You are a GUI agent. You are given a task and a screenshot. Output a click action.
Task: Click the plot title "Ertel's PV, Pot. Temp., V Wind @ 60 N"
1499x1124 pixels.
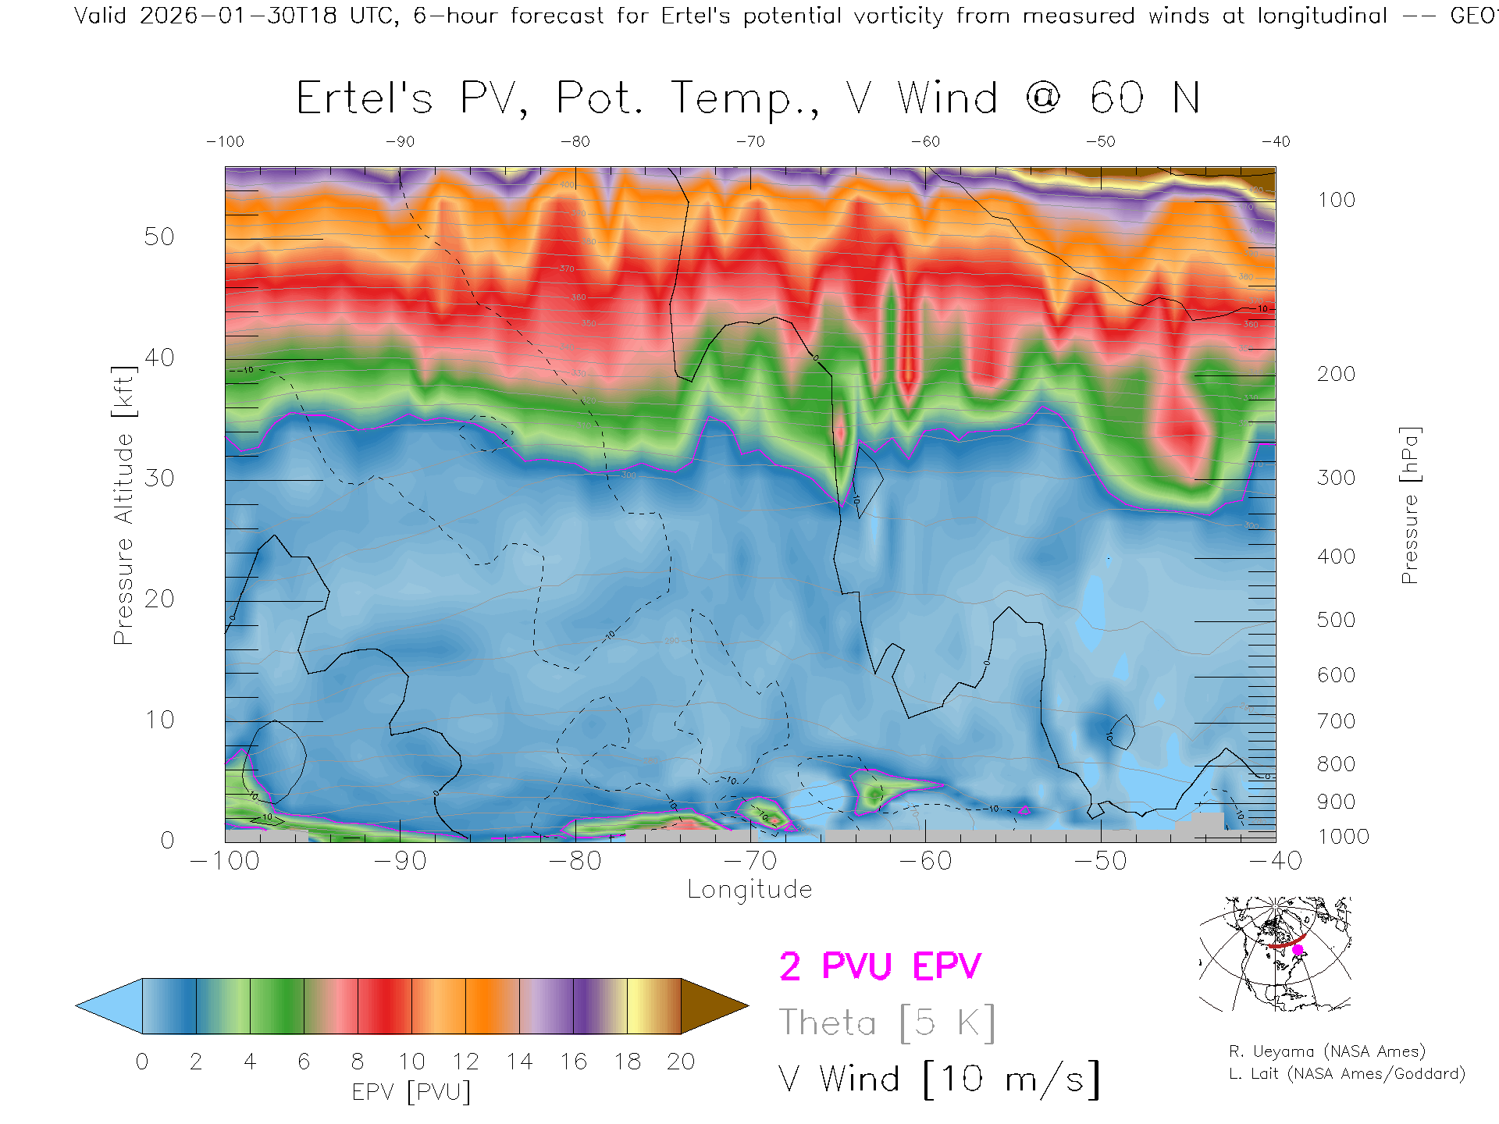[747, 99]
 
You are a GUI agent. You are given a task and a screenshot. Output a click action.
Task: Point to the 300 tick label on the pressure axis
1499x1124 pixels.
[1336, 478]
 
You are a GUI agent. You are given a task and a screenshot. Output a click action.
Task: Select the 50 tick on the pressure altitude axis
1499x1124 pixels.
[158, 237]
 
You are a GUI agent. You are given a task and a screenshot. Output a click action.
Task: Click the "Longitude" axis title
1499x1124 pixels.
[749, 890]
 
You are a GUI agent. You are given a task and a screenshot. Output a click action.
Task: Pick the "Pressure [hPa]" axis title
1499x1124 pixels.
[1409, 505]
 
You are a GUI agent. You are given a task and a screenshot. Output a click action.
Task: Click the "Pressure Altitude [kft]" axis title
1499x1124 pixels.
[123, 505]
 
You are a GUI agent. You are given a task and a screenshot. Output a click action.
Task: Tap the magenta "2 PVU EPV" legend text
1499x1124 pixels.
[880, 966]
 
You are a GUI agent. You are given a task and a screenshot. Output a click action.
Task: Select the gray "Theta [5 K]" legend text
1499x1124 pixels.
[887, 1023]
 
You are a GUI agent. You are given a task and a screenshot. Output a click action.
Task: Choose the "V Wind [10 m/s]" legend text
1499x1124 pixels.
[939, 1080]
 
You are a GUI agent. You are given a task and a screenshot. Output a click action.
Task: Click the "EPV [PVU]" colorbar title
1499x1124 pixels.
[411, 1092]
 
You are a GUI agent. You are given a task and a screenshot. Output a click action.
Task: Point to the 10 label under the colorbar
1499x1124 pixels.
[411, 1062]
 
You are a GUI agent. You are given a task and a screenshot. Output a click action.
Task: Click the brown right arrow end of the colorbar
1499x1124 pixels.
[712, 1006]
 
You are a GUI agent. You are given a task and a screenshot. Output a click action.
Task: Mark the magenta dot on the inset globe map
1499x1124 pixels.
[1298, 950]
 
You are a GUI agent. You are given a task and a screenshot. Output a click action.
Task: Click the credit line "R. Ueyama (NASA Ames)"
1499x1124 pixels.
[1327, 1051]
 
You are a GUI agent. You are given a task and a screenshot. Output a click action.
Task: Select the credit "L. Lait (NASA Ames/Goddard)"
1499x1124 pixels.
[1347, 1074]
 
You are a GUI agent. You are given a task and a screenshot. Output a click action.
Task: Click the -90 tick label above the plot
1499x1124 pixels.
[400, 142]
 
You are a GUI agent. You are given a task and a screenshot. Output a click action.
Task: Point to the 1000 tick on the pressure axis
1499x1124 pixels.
[1343, 837]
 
